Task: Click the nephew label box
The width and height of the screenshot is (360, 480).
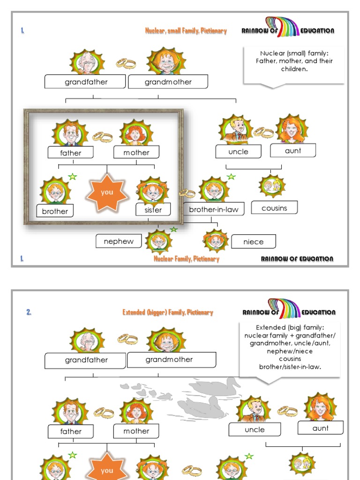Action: [119, 241]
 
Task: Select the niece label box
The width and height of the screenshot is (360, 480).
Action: [254, 242]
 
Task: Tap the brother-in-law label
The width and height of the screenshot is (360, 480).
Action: [214, 210]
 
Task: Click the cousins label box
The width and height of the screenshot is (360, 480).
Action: [274, 208]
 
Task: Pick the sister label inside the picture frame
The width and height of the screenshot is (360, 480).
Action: [153, 210]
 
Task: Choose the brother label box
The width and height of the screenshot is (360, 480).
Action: [55, 211]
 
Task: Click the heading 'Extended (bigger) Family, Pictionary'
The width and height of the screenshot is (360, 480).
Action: [167, 312]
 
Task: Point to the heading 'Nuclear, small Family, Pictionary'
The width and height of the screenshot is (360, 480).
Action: [186, 31]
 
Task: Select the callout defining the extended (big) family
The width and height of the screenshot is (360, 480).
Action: [290, 347]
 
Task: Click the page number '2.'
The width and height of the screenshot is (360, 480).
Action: [29, 312]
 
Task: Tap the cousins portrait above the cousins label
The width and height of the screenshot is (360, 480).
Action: [271, 186]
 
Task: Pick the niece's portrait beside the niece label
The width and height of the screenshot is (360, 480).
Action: [216, 241]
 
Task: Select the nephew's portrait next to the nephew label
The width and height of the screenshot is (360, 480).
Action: [158, 241]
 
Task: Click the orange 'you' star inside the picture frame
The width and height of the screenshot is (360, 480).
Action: [107, 192]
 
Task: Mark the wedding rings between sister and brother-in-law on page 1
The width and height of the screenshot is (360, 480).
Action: [187, 193]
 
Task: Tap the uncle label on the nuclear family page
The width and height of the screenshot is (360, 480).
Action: [239, 151]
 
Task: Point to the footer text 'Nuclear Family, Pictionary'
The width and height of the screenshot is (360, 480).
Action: [186, 259]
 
